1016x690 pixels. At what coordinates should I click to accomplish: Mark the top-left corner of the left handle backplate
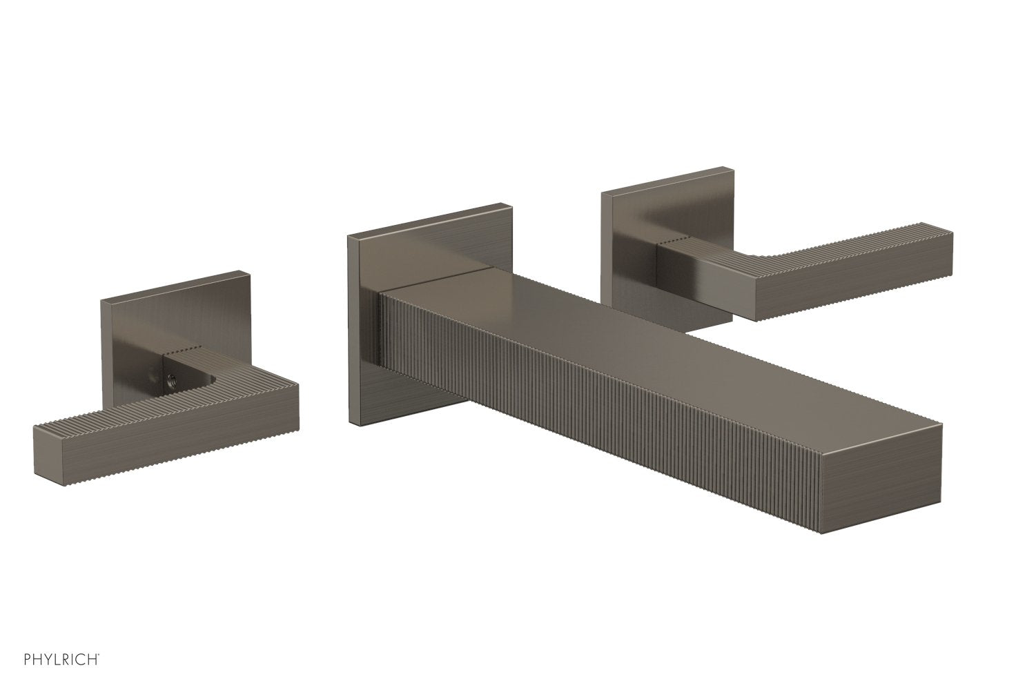103,302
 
